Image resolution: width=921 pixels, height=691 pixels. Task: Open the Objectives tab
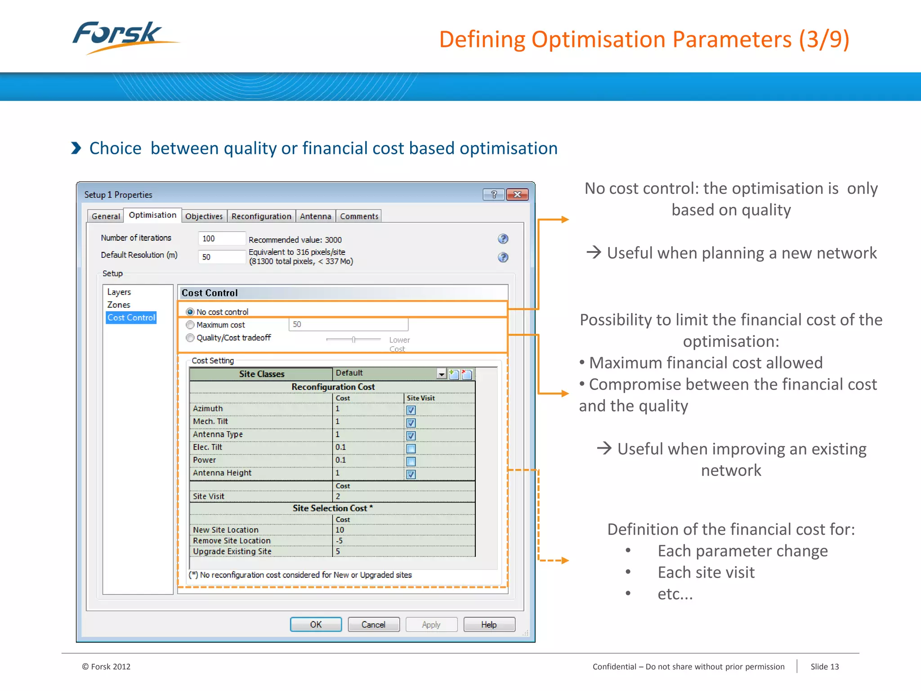click(x=204, y=216)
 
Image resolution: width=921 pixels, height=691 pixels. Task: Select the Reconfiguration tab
click(x=261, y=216)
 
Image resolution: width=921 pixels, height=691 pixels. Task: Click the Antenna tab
click(x=315, y=216)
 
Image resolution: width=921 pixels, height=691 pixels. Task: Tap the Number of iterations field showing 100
click(x=221, y=238)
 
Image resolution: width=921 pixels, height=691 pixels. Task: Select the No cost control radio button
click(x=190, y=312)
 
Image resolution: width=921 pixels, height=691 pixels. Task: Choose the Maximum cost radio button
click(x=190, y=325)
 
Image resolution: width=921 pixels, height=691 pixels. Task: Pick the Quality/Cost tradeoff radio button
click(x=190, y=338)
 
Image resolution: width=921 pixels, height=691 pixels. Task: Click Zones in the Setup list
click(x=119, y=305)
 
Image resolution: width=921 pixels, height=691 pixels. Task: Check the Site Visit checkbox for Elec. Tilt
click(x=411, y=449)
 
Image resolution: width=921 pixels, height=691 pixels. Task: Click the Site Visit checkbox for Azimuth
click(x=411, y=410)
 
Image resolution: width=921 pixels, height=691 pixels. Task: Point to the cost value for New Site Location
click(x=340, y=530)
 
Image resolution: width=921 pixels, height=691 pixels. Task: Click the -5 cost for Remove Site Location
click(x=340, y=541)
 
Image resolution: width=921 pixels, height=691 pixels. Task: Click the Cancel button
click(x=373, y=624)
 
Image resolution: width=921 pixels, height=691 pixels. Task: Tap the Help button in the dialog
click(x=489, y=624)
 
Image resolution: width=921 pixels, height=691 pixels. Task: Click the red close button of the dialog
click(x=517, y=194)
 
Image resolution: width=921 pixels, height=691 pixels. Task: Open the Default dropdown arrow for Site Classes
click(x=441, y=374)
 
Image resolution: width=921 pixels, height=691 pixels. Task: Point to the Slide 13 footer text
click(x=824, y=667)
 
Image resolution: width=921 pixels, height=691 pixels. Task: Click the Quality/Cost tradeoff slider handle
click(x=354, y=339)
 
